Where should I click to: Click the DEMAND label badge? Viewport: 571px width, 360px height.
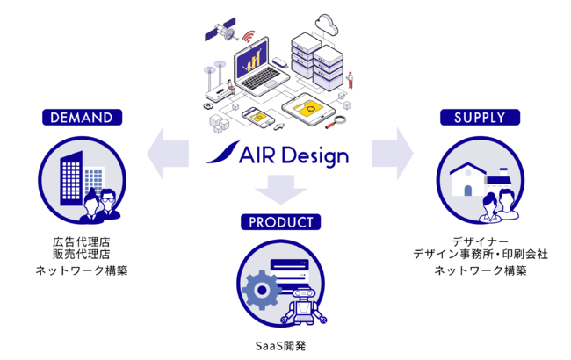click(82, 117)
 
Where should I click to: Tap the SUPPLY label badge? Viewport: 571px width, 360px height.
click(480, 117)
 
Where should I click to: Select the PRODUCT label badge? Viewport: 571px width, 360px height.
click(281, 222)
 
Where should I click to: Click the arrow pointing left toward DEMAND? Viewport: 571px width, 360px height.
click(168, 154)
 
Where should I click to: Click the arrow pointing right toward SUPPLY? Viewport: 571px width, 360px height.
click(393, 154)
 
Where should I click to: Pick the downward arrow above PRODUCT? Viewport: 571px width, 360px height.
click(281, 190)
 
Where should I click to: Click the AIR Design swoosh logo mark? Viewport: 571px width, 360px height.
click(223, 152)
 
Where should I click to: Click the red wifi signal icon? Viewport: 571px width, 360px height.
click(249, 36)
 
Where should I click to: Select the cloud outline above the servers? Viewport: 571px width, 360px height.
click(327, 25)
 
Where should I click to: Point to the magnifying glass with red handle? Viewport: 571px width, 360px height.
click(336, 122)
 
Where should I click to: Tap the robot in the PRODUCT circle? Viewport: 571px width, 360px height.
click(304, 306)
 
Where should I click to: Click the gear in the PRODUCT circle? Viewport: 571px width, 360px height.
click(262, 290)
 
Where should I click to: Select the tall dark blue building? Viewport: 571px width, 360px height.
click(71, 178)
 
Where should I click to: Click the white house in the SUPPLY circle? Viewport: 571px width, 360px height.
click(468, 179)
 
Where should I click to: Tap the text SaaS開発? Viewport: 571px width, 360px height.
click(281, 346)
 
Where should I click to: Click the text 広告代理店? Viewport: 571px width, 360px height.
click(82, 241)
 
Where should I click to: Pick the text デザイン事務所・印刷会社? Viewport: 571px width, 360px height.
click(481, 254)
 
